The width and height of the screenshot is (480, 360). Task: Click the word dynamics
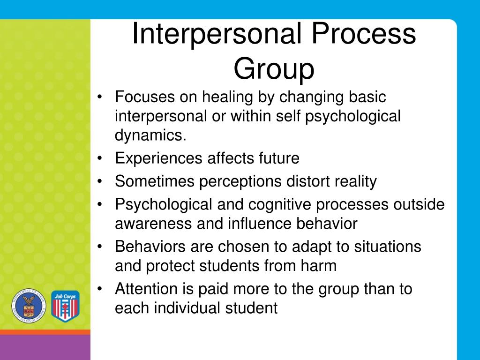click(150, 135)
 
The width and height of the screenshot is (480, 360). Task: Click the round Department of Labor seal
click(29, 305)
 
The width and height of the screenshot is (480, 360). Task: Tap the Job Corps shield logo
click(65, 306)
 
